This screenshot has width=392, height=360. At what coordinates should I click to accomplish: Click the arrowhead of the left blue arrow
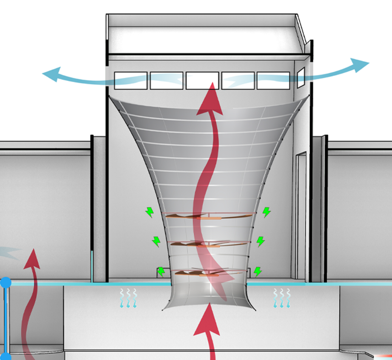(51, 74)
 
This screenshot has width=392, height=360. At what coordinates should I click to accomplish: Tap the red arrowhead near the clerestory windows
(211, 98)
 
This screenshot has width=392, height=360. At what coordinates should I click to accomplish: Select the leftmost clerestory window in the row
(130, 81)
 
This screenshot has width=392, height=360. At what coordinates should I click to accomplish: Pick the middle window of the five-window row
(202, 81)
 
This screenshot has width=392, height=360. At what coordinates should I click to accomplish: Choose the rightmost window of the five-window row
(273, 81)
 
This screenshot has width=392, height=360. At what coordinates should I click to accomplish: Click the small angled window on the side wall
(301, 77)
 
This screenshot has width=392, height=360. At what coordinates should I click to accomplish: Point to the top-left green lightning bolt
(149, 211)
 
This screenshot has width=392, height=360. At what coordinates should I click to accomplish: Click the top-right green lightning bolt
(266, 212)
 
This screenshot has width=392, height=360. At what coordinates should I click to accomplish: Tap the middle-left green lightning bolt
(156, 241)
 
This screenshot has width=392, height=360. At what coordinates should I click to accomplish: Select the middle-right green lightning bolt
(260, 241)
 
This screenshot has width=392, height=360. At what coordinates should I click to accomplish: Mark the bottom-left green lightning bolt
(161, 272)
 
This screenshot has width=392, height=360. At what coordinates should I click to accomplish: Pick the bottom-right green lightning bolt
(258, 271)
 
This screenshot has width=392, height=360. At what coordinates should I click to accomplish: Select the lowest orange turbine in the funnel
(206, 273)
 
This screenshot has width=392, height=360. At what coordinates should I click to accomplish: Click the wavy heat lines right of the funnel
(282, 297)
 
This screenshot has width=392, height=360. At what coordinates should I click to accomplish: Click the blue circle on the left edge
(5, 283)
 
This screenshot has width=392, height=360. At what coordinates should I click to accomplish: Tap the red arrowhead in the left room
(32, 258)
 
